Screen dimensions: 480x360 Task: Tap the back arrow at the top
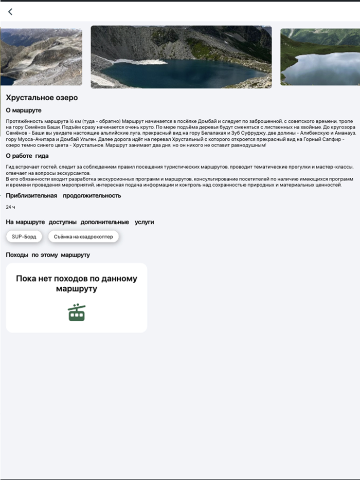click(10, 12)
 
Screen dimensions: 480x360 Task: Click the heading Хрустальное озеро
click(42, 98)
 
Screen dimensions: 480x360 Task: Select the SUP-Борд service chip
click(24, 236)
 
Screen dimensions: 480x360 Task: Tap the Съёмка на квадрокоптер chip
click(83, 236)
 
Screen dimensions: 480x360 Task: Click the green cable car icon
click(77, 312)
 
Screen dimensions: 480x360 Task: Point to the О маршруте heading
click(24, 110)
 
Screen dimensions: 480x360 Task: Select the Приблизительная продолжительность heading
click(63, 196)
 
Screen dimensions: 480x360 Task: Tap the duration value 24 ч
click(10, 207)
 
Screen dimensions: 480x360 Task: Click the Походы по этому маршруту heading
click(48, 255)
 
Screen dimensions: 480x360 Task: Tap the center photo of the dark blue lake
click(181, 57)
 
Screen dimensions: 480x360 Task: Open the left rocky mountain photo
click(41, 57)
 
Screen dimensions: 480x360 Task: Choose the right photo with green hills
click(320, 57)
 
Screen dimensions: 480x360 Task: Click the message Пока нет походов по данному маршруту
click(77, 284)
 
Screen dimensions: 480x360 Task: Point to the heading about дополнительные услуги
click(80, 222)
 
